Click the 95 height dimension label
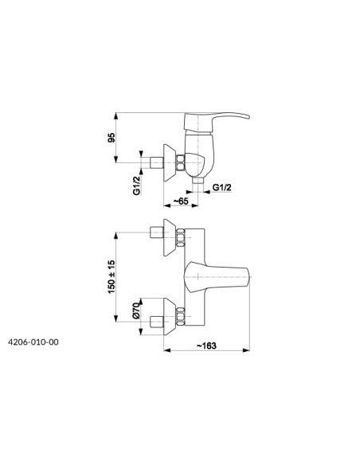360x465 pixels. [112, 138]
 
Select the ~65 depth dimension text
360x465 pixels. [181, 201]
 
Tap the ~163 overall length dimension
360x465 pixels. [207, 346]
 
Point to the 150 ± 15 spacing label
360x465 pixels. [112, 276]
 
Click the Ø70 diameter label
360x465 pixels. [136, 311]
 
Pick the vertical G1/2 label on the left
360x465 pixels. [136, 186]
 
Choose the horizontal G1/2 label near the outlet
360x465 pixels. [222, 187]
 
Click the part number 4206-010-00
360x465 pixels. [33, 342]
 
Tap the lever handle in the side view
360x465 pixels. [217, 121]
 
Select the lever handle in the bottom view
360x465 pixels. [216, 278]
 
